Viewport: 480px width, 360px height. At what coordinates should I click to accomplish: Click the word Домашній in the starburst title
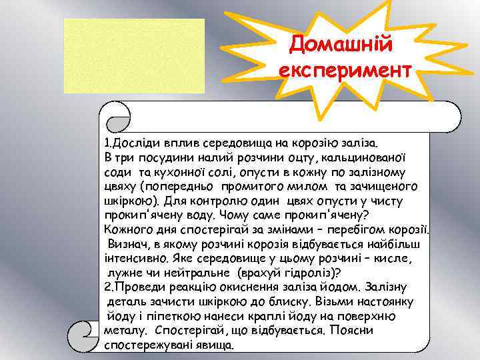[343, 45]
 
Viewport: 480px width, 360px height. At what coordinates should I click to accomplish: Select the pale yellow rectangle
[134, 56]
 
